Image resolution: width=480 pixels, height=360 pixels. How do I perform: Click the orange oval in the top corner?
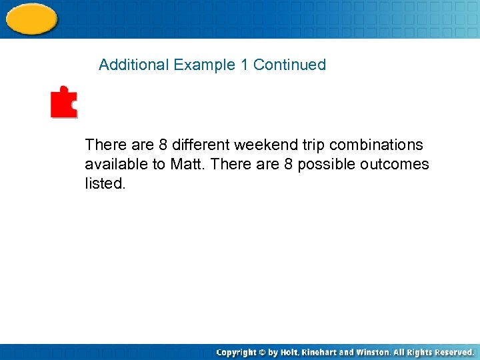click(31, 18)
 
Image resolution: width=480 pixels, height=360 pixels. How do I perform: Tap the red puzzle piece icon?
click(64, 102)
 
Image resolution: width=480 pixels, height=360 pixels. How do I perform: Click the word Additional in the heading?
click(134, 65)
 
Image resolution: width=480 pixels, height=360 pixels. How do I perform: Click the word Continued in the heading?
click(289, 65)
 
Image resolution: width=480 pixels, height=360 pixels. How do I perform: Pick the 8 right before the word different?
click(163, 145)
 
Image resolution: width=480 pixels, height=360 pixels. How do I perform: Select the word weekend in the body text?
click(261, 145)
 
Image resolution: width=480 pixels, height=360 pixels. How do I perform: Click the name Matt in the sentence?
click(186, 164)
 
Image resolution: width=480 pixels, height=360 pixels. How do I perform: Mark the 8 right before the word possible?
click(288, 164)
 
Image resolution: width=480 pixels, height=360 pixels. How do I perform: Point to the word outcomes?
click(395, 164)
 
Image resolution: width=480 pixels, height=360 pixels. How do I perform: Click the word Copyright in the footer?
click(237, 352)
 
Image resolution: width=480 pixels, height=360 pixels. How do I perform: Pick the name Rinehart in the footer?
click(321, 352)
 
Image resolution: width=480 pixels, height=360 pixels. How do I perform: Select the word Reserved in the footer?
click(453, 352)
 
